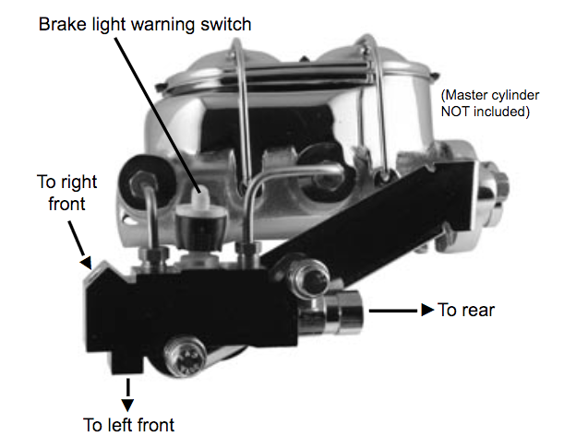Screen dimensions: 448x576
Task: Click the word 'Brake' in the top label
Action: (62, 24)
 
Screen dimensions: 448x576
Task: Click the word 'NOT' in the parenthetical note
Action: (458, 112)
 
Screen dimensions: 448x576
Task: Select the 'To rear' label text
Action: (466, 310)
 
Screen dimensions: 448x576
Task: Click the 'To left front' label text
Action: (128, 425)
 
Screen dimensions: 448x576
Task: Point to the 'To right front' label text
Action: (66, 190)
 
